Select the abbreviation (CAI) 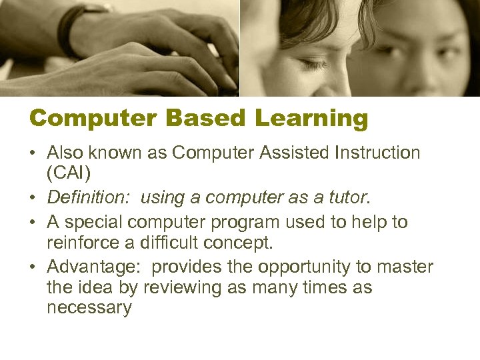(69, 173)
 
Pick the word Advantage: (93, 267)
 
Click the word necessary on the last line (89, 308)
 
